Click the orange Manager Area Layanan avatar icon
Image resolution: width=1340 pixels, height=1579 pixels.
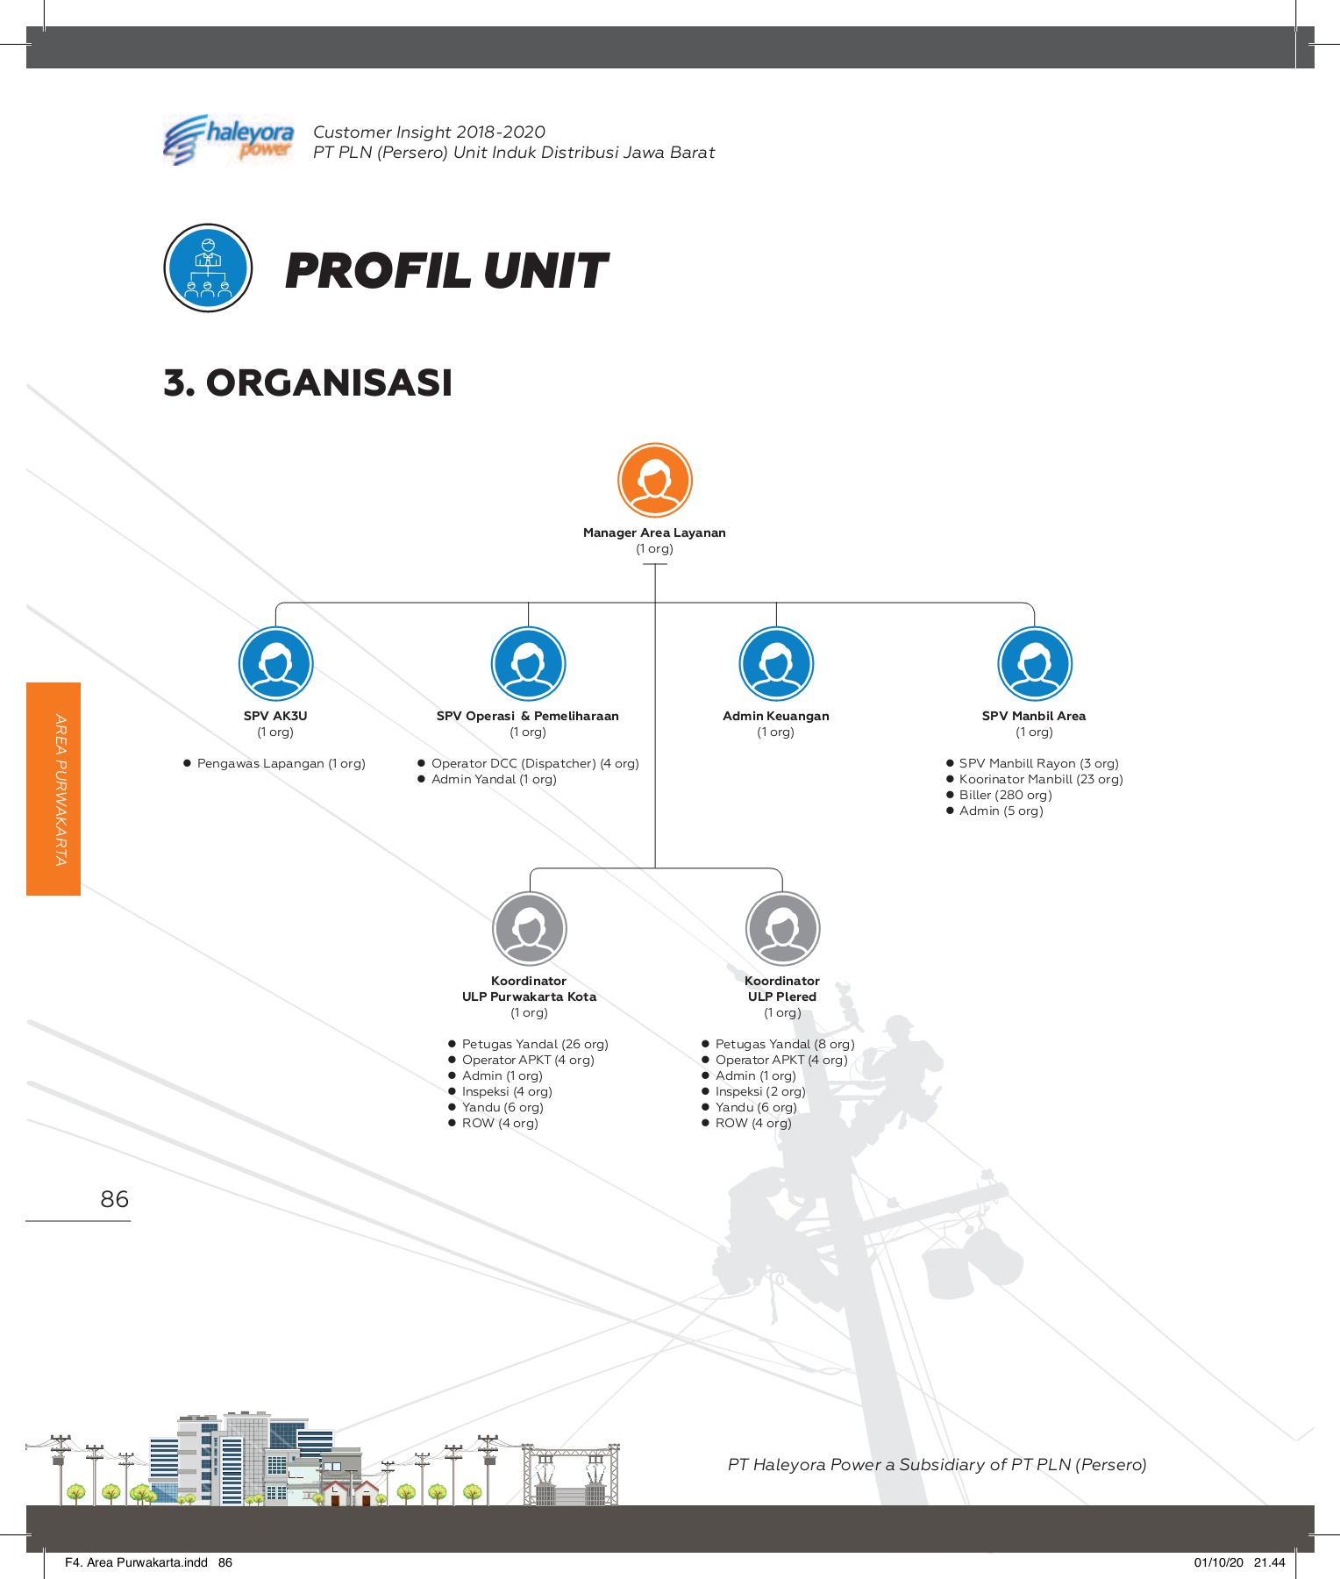click(x=654, y=481)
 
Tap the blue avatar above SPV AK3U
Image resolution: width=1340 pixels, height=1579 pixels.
click(x=275, y=664)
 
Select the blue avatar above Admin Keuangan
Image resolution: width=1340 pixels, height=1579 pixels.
click(x=776, y=664)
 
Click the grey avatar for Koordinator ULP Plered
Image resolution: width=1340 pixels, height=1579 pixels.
click(x=782, y=929)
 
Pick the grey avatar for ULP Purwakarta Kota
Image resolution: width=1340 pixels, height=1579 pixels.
click(x=529, y=929)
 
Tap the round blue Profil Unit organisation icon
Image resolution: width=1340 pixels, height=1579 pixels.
click(x=208, y=268)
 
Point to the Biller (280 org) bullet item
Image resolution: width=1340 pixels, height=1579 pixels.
click(x=1005, y=795)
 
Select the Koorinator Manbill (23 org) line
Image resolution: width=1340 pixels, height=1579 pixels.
click(x=1040, y=779)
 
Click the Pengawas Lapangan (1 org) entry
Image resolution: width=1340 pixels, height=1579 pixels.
click(x=281, y=763)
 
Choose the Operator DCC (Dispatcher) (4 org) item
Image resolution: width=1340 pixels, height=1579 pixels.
click(x=534, y=763)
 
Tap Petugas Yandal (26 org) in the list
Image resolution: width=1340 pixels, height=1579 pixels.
click(x=534, y=1044)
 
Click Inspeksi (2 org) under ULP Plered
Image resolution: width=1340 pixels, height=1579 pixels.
click(x=759, y=1091)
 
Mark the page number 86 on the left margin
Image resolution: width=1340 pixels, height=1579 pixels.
click(x=114, y=1199)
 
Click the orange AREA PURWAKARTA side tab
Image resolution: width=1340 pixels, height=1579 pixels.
click(x=53, y=789)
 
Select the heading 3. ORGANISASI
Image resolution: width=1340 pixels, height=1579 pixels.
click(x=308, y=382)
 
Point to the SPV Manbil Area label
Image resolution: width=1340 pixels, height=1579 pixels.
click(x=1033, y=716)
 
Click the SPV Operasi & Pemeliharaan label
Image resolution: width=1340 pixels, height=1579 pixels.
click(x=527, y=716)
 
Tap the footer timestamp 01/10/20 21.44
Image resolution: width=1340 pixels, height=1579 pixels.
click(x=1238, y=1562)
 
